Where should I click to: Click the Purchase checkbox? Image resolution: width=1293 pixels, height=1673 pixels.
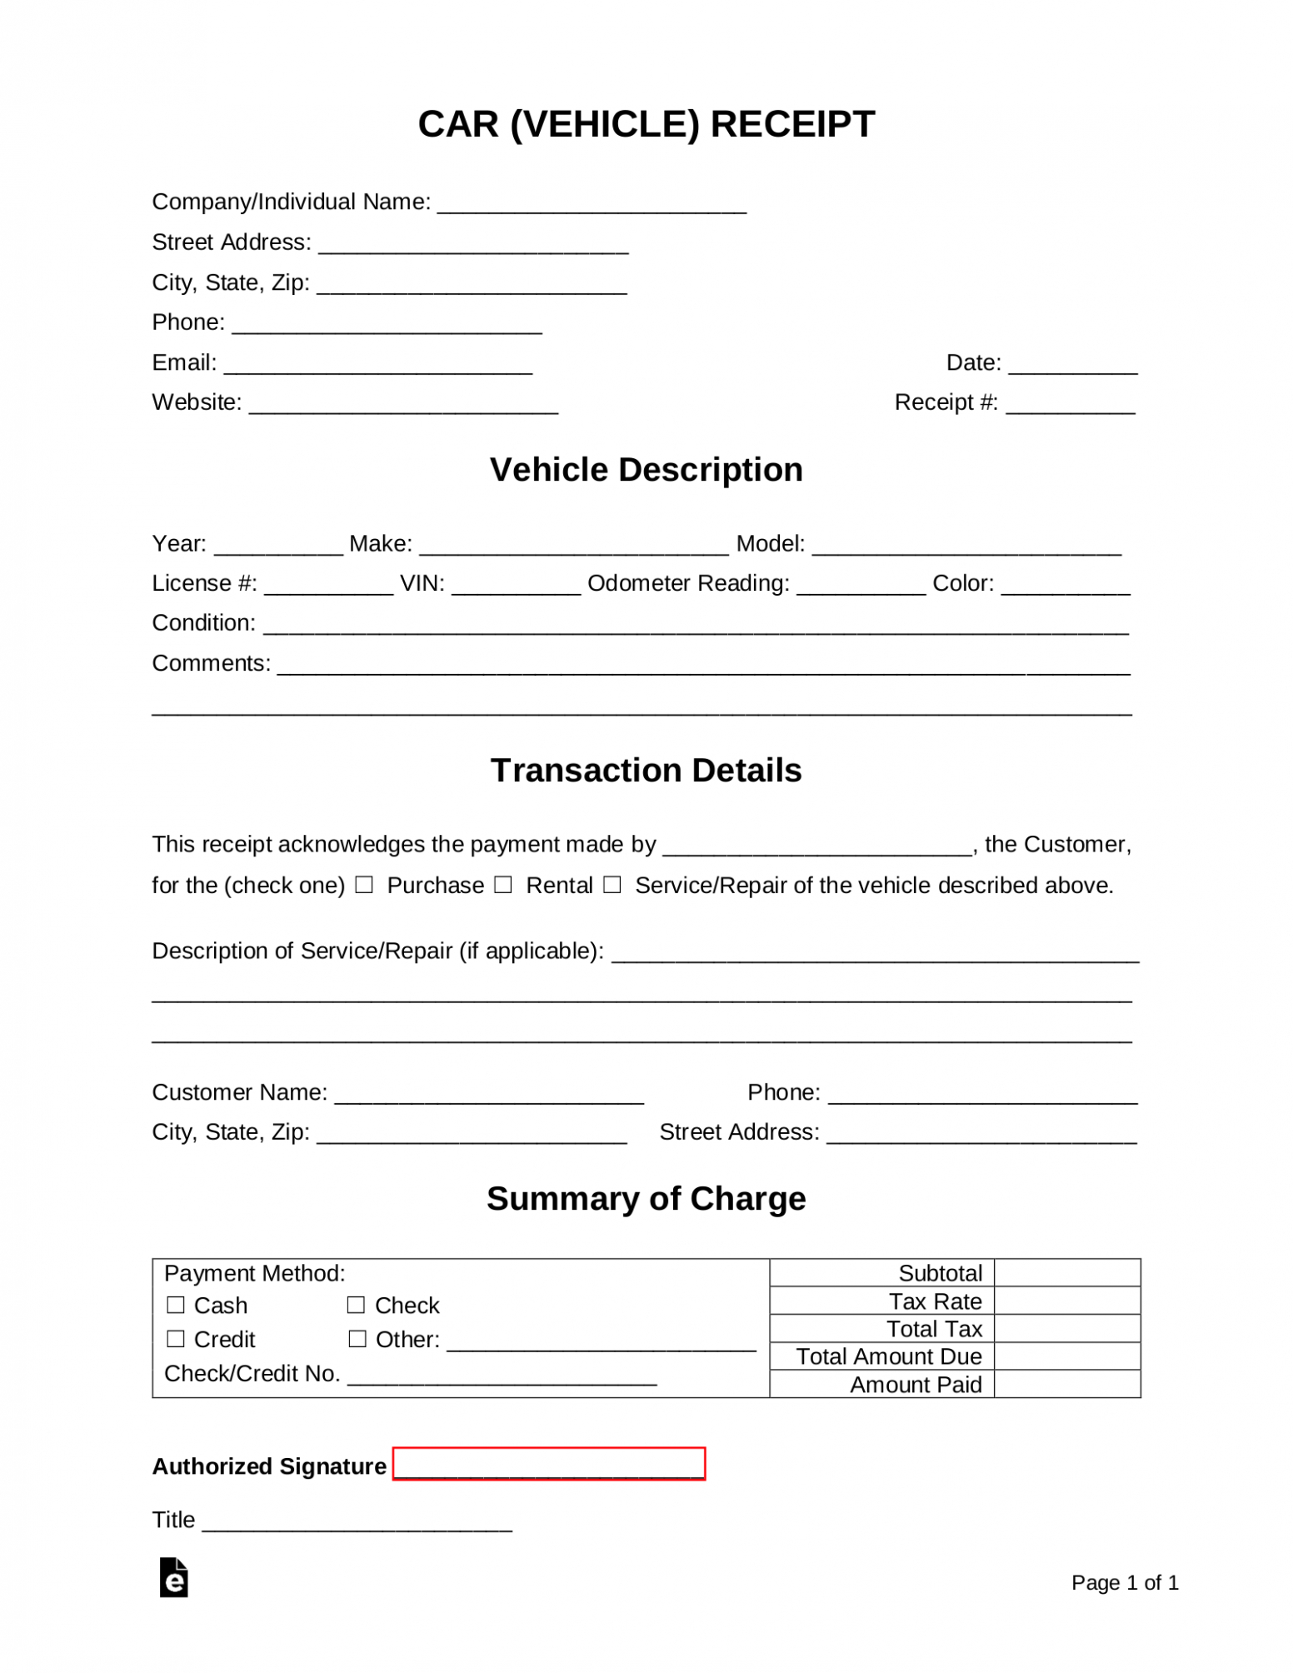pos(364,885)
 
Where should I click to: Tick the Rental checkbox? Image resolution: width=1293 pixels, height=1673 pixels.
pos(502,885)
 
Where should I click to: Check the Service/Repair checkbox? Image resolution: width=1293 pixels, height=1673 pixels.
pos(612,885)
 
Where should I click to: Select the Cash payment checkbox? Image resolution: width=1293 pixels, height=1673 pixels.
pos(176,1305)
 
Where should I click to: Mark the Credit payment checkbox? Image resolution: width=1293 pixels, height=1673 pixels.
pos(176,1339)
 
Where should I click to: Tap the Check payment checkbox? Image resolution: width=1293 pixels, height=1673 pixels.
pos(357,1305)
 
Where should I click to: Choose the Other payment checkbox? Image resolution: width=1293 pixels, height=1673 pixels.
pos(357,1339)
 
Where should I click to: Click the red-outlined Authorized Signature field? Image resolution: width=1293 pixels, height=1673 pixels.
pos(549,1464)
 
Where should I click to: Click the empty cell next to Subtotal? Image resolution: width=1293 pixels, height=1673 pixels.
pos(1066,1273)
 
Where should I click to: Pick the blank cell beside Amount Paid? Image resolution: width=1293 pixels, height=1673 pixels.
pos(1066,1385)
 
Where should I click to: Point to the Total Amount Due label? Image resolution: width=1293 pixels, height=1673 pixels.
pos(889,1356)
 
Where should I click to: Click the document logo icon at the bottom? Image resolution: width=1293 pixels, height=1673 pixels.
pos(174,1577)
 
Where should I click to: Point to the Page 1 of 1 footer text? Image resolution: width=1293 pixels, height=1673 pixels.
pos(1125,1583)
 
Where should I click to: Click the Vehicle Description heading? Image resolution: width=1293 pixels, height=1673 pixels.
pos(646,470)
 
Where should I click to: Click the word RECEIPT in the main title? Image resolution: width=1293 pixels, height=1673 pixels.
pos(792,124)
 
